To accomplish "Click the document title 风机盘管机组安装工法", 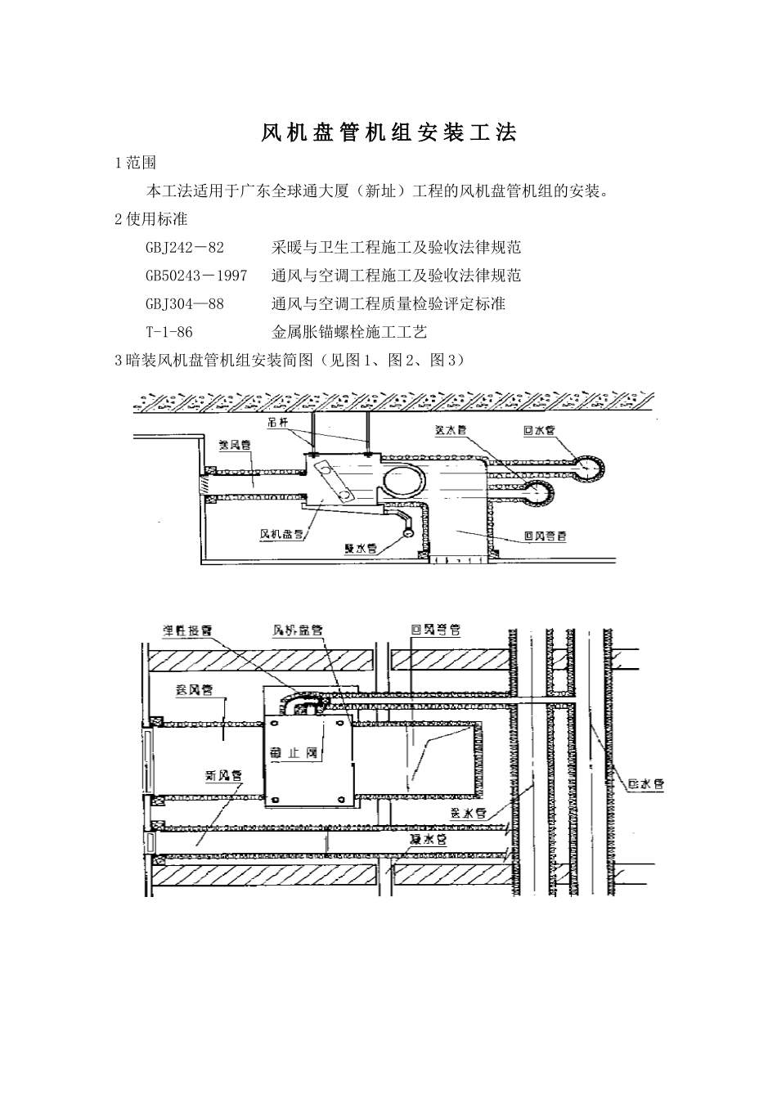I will [388, 133].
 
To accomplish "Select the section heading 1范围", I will [135, 163].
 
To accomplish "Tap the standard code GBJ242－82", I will [184, 247].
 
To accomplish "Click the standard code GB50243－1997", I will [196, 276].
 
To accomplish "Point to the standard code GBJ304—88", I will [184, 303].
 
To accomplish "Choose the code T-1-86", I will [169, 332].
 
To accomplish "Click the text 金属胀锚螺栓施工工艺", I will [349, 332].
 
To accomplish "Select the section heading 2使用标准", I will [150, 219].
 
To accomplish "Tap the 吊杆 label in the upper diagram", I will [279, 423].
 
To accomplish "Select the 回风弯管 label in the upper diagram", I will [545, 537].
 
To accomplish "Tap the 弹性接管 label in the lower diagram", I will [186, 631].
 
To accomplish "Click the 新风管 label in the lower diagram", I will [223, 774].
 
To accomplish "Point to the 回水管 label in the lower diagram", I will [645, 784].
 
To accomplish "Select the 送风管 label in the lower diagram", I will [195, 689].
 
